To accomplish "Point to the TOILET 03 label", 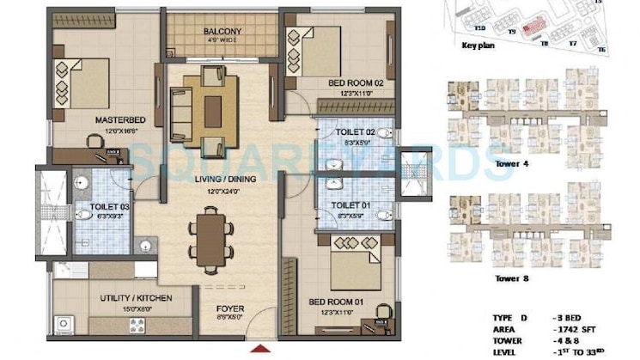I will [109, 207].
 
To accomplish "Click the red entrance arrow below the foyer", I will [255, 349].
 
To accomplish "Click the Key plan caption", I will [480, 45].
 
